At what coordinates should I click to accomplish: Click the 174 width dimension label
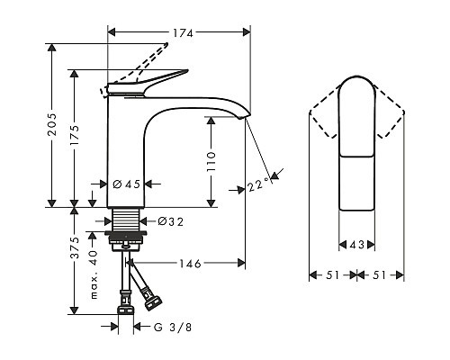click(x=183, y=32)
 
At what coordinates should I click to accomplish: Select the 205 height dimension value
click(x=52, y=123)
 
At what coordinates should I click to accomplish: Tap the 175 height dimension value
click(x=74, y=136)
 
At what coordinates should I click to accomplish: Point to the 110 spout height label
click(x=211, y=162)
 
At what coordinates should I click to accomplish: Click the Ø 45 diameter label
click(x=127, y=184)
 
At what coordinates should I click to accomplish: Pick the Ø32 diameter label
click(x=170, y=221)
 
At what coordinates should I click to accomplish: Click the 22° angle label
click(x=258, y=184)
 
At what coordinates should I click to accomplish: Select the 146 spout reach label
click(x=190, y=264)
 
